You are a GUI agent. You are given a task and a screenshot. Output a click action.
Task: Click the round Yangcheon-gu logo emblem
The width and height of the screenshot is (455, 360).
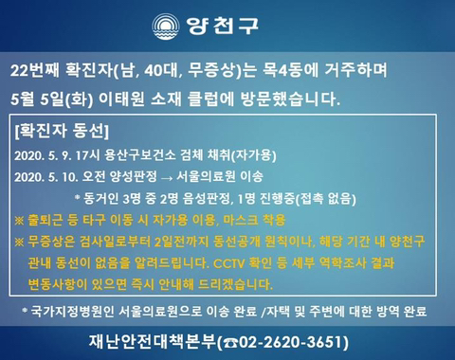tap(166, 27)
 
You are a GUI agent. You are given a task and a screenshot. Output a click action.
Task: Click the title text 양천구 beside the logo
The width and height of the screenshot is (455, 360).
tap(222, 26)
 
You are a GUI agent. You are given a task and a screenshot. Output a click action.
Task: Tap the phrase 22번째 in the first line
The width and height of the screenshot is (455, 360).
tap(34, 70)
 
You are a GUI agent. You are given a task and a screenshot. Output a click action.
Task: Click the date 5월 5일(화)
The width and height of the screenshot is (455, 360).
tap(51, 99)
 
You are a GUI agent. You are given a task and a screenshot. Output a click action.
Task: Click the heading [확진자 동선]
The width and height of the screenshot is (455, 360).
tap(62, 131)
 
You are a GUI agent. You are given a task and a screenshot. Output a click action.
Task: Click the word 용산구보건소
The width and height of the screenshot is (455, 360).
tap(140, 155)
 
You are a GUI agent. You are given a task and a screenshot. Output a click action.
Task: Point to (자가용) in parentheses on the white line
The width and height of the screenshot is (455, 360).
tap(254, 155)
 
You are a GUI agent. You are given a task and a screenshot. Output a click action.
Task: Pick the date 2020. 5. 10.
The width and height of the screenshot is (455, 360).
tap(46, 177)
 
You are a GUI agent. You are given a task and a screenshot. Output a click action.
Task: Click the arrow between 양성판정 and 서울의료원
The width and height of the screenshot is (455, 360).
tap(166, 178)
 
